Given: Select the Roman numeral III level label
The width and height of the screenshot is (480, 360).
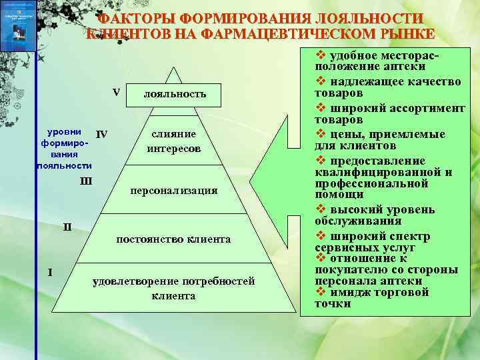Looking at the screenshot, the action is pyautogui.click(x=85, y=181).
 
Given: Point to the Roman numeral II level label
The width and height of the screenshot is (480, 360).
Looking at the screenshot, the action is pyautogui.click(x=67, y=227).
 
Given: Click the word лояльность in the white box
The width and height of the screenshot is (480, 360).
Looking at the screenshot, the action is pyautogui.click(x=175, y=95).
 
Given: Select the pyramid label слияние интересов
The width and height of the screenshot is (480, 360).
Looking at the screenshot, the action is pyautogui.click(x=174, y=141).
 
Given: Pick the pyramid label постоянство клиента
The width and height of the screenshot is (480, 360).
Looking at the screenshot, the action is pyautogui.click(x=173, y=239).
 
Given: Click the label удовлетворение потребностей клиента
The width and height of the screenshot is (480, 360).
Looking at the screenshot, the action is pyautogui.click(x=173, y=288).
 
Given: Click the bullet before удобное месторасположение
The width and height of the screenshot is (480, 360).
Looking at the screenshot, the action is pyautogui.click(x=321, y=56).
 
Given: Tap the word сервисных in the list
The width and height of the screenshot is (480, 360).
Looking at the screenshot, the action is pyautogui.click(x=345, y=247).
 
